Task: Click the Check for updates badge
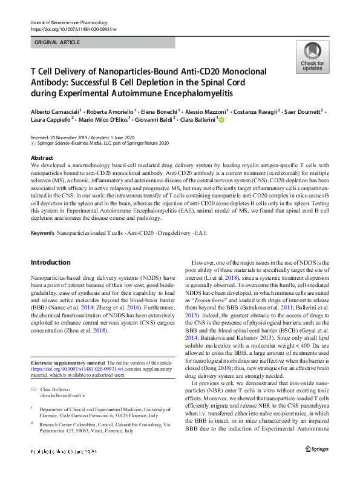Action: click(x=312, y=58)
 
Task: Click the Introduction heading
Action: click(x=51, y=262)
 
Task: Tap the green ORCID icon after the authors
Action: click(x=221, y=121)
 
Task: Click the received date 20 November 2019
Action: click(x=67, y=137)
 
